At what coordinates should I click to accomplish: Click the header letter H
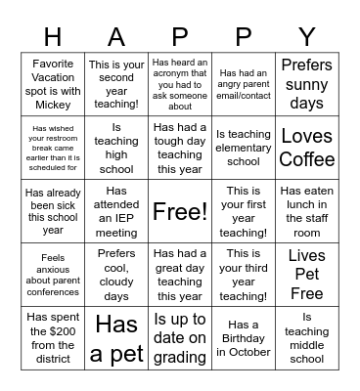click(x=52, y=37)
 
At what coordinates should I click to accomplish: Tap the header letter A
click(x=116, y=37)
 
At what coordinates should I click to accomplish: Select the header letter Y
click(x=307, y=37)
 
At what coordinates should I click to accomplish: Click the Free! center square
click(x=180, y=211)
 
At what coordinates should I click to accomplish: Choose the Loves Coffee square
click(x=307, y=148)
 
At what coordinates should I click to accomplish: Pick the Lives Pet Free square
click(x=307, y=275)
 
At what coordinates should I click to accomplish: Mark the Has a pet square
click(x=116, y=338)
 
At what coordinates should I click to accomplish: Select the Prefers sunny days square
click(x=307, y=84)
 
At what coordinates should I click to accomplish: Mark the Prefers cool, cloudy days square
click(x=116, y=275)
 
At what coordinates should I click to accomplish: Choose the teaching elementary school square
click(x=244, y=148)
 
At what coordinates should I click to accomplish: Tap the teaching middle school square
click(x=307, y=338)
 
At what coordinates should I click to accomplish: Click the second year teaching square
click(x=116, y=84)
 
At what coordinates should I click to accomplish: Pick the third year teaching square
click(x=244, y=275)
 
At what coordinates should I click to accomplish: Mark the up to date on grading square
click(x=180, y=338)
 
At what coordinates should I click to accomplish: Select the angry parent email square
click(x=244, y=84)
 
